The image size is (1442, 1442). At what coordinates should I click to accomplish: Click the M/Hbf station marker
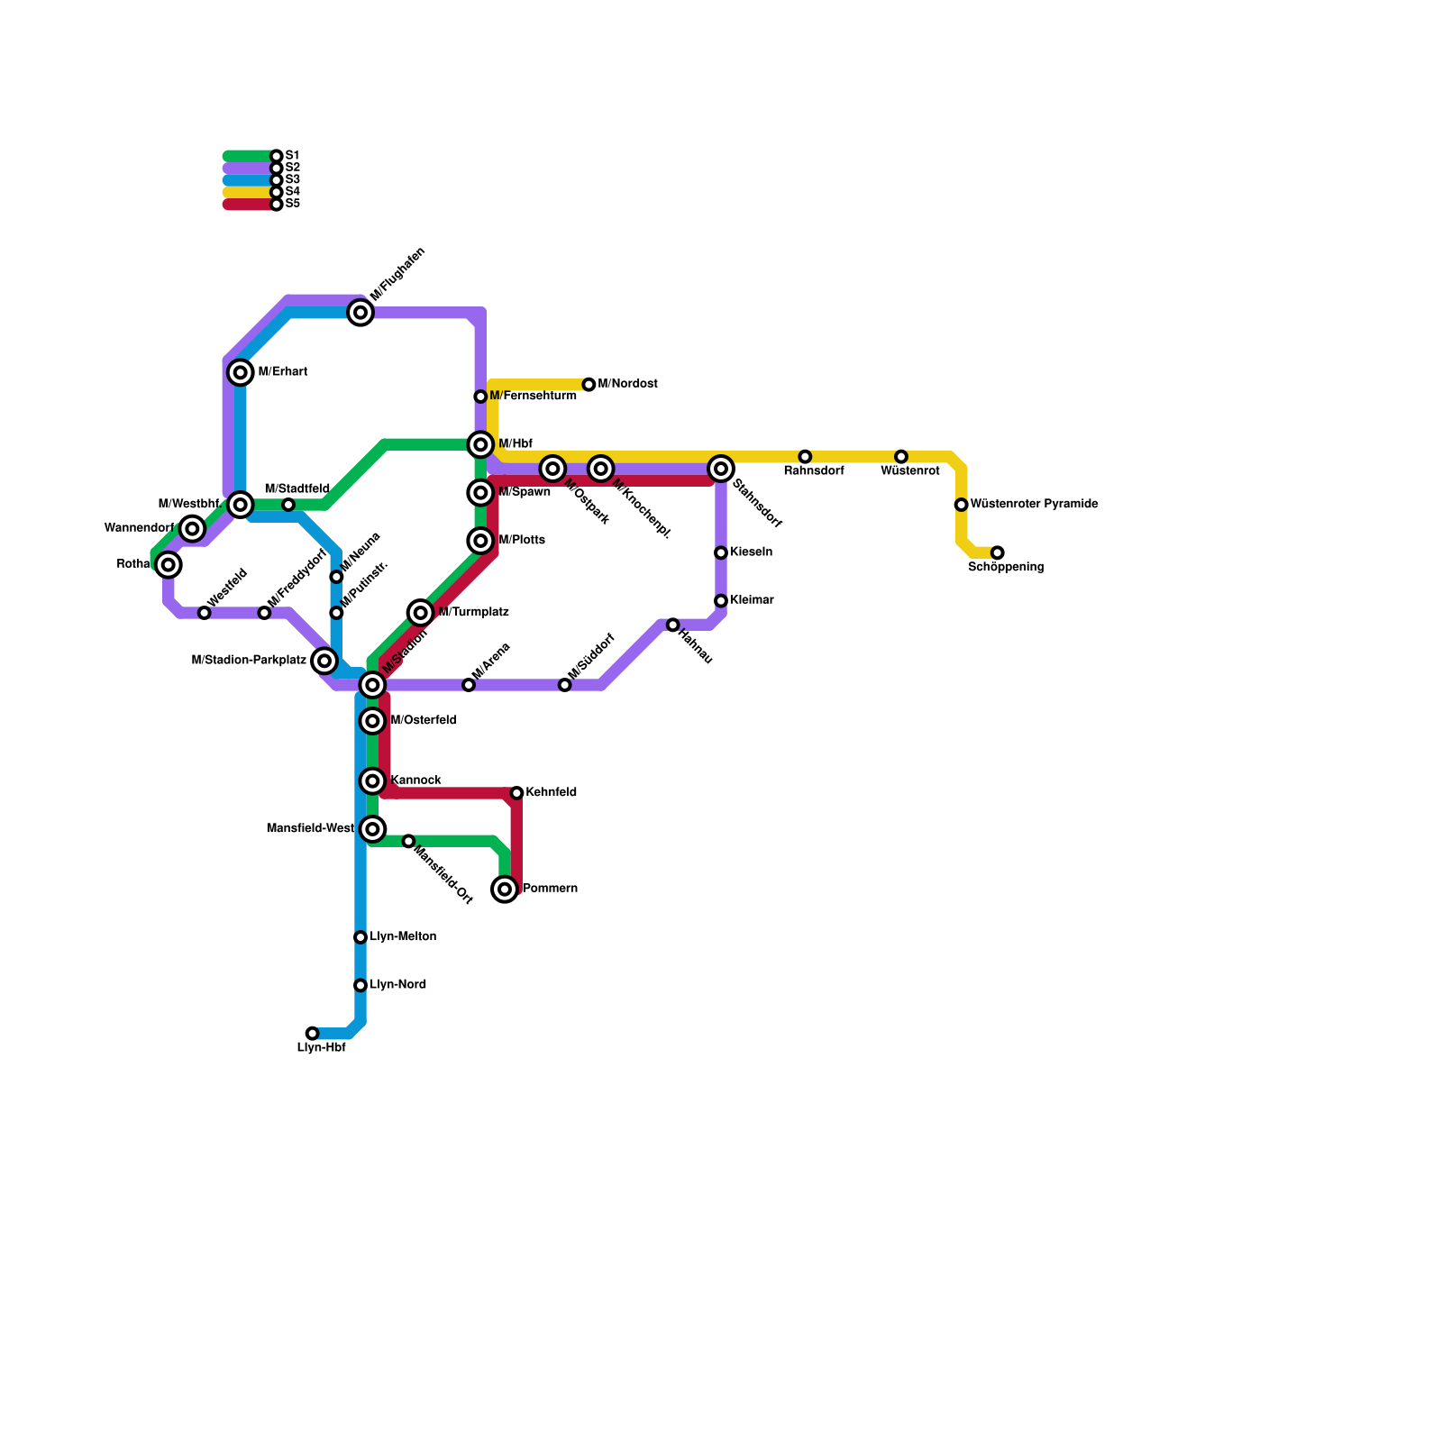[480, 444]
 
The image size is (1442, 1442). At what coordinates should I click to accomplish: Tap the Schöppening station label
[1006, 568]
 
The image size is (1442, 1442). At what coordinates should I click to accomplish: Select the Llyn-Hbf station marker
[312, 1033]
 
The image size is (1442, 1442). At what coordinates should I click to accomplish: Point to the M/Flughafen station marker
[360, 313]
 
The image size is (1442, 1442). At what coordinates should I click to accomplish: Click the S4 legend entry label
[292, 192]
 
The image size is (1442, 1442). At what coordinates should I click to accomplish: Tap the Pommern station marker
[505, 890]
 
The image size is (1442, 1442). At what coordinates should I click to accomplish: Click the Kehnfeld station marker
[516, 793]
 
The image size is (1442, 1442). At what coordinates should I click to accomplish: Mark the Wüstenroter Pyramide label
[1034, 505]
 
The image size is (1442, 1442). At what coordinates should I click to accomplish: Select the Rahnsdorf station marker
[805, 457]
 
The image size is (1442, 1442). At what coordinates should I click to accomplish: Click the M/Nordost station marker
[589, 385]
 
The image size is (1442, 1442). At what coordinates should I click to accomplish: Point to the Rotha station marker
[169, 564]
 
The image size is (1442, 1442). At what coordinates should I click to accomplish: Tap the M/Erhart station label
[283, 372]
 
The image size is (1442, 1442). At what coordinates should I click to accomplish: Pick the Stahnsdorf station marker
[721, 469]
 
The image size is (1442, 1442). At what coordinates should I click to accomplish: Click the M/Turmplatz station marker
[421, 613]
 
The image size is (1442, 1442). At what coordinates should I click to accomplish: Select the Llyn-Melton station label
[403, 937]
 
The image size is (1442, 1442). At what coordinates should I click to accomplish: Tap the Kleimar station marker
[721, 601]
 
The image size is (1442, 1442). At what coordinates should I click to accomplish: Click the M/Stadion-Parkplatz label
[249, 661]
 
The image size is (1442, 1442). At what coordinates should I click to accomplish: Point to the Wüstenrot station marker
[901, 457]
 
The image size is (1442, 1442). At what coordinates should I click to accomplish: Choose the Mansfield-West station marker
[372, 829]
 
